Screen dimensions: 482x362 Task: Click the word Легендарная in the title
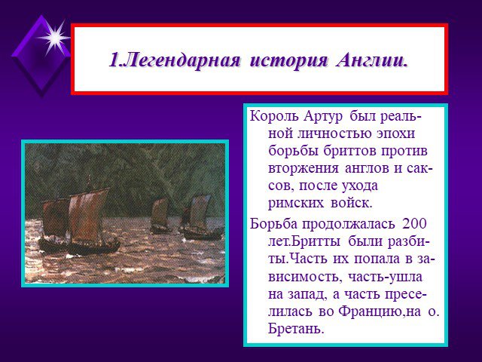tap(182, 60)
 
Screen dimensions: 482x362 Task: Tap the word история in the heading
tap(289, 61)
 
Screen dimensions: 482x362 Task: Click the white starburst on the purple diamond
tap(55, 38)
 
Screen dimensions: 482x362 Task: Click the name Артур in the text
tap(323, 118)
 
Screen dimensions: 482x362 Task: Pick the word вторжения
tap(303, 169)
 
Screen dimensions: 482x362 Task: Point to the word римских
tap(296, 204)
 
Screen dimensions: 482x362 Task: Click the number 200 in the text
tap(414, 223)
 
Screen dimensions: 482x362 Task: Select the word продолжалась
tap(349, 225)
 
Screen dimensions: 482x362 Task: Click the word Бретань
tap(296, 329)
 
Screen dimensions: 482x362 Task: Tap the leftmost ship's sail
tap(55, 217)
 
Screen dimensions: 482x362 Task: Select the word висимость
tap(305, 277)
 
